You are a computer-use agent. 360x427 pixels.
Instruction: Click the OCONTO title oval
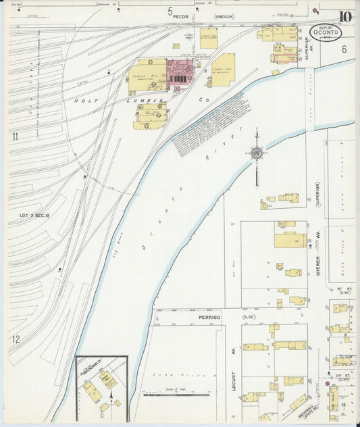point(326,32)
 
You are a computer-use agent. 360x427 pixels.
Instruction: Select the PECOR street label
point(180,16)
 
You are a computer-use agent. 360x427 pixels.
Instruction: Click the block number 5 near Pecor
point(170,10)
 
